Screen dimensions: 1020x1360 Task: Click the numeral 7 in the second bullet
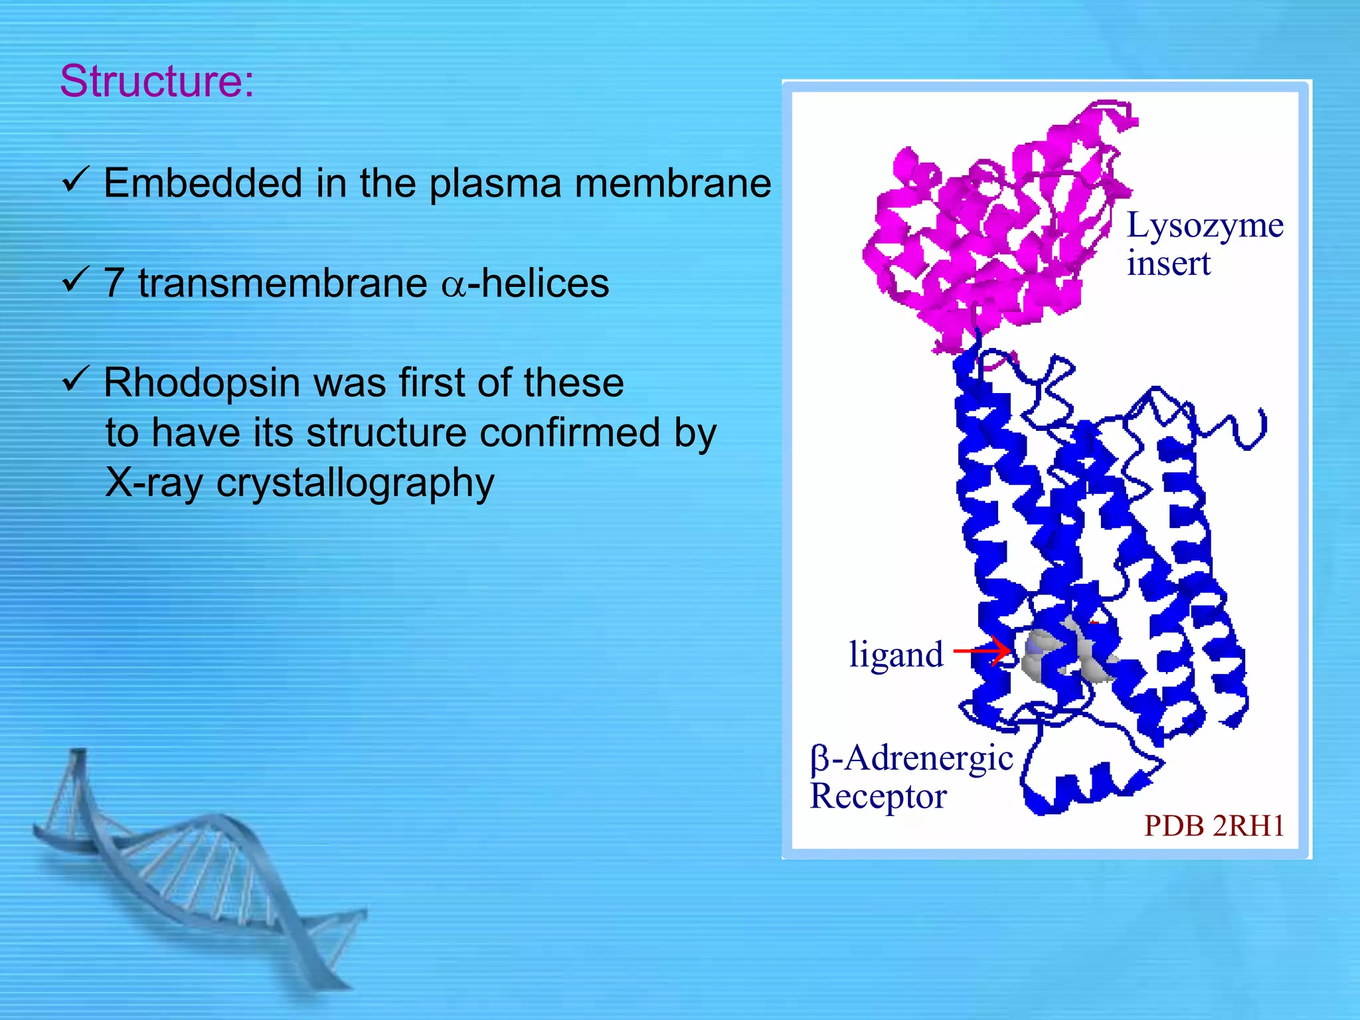[114, 283]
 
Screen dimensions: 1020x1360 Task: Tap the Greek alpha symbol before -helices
[454, 286]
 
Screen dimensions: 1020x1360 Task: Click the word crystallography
[355, 483]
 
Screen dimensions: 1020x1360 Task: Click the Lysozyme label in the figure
[1205, 226]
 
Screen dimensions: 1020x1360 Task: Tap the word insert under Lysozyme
[1168, 264]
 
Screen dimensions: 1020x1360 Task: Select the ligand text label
[896, 655]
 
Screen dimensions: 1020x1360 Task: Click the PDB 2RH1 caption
[1213, 825]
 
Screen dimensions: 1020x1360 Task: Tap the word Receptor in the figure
[878, 796]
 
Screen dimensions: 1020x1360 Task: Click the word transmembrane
[282, 283]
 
